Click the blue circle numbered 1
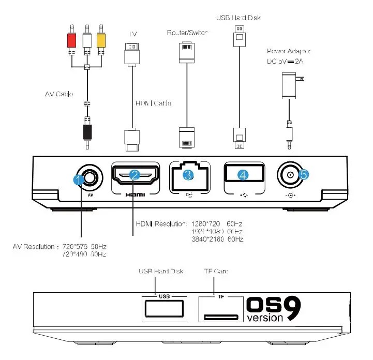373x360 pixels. click(x=79, y=180)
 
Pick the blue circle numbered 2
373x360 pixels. click(x=135, y=175)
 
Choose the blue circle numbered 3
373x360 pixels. click(x=188, y=175)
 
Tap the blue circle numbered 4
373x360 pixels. click(x=243, y=175)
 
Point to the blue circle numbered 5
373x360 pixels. click(x=304, y=175)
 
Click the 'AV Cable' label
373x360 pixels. click(x=58, y=94)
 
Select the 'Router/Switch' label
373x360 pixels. click(x=187, y=33)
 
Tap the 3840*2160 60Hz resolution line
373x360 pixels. click(x=217, y=239)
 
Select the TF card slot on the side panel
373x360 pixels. click(x=220, y=317)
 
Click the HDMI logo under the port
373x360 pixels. click(x=135, y=196)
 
